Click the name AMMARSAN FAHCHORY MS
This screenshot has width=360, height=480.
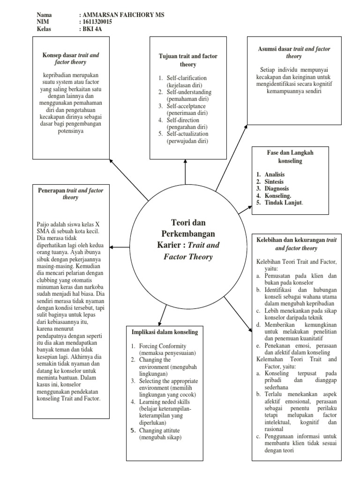click(121, 15)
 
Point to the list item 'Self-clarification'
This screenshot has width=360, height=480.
click(186, 78)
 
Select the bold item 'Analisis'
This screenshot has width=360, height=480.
click(274, 174)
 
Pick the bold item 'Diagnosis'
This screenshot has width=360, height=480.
click(276, 188)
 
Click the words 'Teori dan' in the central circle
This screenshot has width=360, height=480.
click(186, 222)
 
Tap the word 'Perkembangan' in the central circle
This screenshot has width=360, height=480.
click(186, 233)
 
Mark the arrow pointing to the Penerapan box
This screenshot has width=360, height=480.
click(118, 247)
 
